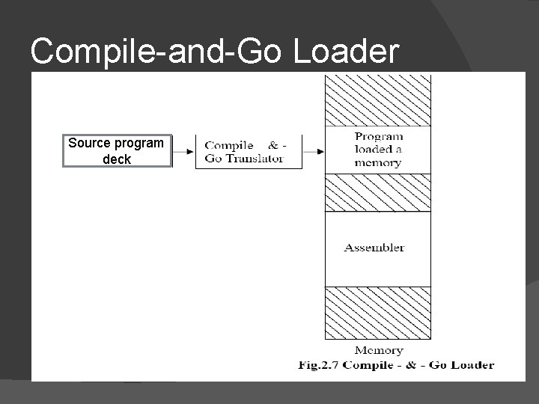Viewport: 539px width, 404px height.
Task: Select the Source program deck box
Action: click(x=117, y=150)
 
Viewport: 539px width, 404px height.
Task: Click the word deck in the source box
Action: click(x=117, y=159)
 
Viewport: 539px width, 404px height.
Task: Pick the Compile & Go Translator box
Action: click(x=248, y=151)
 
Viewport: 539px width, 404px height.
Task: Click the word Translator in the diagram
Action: click(x=255, y=159)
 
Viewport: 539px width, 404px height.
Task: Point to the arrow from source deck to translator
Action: click(x=183, y=151)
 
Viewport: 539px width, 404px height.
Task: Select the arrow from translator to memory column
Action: click(x=314, y=151)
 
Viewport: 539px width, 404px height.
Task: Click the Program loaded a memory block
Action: click(x=378, y=150)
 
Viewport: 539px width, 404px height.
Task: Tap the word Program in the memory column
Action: click(x=379, y=137)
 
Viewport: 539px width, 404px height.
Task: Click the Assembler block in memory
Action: click(x=378, y=249)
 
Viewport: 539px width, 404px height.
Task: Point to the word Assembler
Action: click(x=374, y=248)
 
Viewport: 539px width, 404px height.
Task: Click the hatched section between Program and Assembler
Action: click(x=378, y=192)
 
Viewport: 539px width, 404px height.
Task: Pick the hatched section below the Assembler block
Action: click(x=378, y=313)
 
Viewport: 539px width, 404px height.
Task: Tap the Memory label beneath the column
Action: click(x=378, y=350)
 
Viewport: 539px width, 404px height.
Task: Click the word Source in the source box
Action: click(x=88, y=142)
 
